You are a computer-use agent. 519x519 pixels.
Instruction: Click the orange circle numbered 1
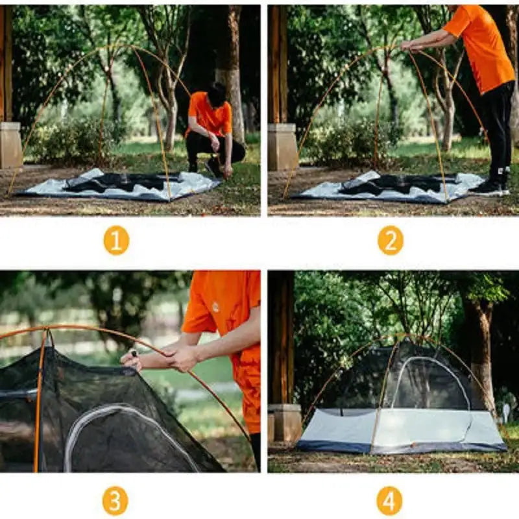[x=116, y=241]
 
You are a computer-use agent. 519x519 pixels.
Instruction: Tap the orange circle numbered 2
[x=391, y=241]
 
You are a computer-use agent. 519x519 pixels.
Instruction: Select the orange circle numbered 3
[x=115, y=500]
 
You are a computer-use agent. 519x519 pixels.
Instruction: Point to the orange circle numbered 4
[x=389, y=500]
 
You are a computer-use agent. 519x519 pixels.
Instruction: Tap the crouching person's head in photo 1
[x=217, y=95]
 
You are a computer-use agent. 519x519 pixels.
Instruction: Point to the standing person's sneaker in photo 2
[x=488, y=188]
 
